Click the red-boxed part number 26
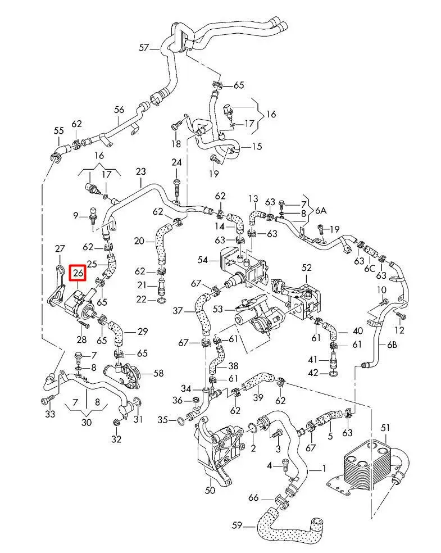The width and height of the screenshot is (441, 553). [x=78, y=274]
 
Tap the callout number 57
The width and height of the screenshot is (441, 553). [x=144, y=48]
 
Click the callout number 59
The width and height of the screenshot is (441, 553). [x=237, y=526]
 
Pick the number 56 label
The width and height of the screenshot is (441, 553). [x=119, y=110]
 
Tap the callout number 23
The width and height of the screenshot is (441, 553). [x=140, y=171]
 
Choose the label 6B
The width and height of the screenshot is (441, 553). [x=392, y=345]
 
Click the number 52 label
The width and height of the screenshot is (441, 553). [x=306, y=268]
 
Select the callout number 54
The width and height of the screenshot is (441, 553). [x=203, y=260]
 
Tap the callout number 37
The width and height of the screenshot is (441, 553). [x=178, y=311]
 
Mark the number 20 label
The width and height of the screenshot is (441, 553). [x=139, y=241]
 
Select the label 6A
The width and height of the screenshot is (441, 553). [x=320, y=211]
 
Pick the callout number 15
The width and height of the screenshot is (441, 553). [x=256, y=147]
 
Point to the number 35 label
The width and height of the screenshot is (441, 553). [x=162, y=419]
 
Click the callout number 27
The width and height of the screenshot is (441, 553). [x=60, y=248]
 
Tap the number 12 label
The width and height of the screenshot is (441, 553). [x=400, y=330]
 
